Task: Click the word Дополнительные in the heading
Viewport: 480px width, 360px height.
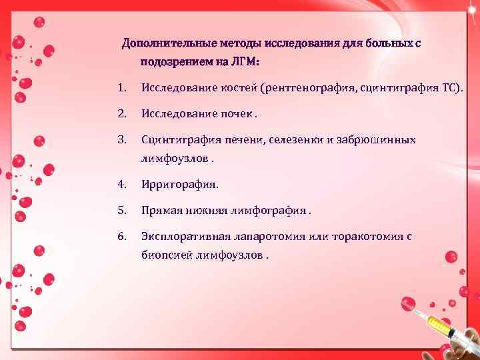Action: click(x=159, y=44)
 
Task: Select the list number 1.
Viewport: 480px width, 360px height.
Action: click(x=120, y=88)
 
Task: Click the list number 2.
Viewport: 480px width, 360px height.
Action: click(x=121, y=113)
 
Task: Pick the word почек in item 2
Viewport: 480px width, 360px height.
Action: click(x=237, y=113)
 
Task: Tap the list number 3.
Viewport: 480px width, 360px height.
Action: click(x=121, y=140)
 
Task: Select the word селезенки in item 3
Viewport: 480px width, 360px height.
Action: click(x=295, y=140)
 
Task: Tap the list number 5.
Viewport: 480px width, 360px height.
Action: click(x=121, y=210)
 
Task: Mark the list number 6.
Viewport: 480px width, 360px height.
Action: click(x=121, y=236)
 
